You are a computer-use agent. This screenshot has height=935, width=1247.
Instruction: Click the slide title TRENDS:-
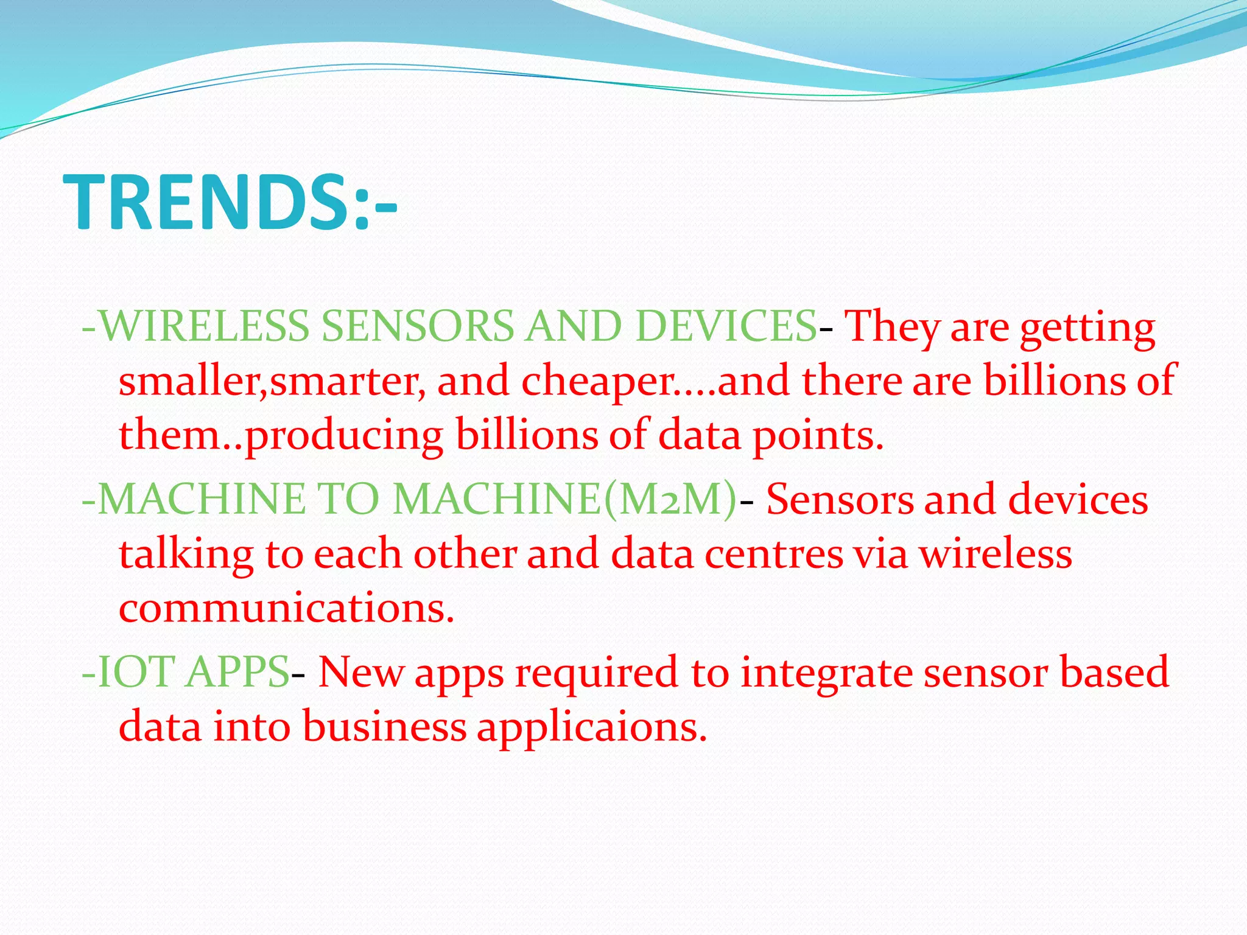pyautogui.click(x=230, y=203)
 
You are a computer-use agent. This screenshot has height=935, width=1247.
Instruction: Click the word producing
pyautogui.click(x=343, y=436)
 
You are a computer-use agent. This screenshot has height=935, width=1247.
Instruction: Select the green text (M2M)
pyautogui.click(x=670, y=499)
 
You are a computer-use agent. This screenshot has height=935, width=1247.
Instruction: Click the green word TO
pyautogui.click(x=350, y=499)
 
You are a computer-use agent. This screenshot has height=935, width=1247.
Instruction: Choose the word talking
pyautogui.click(x=186, y=555)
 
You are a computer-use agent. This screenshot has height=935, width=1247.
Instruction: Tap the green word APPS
pyautogui.click(x=237, y=672)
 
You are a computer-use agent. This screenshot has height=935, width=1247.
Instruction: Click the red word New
pyautogui.click(x=360, y=672)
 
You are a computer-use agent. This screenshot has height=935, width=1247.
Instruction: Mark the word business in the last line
pyautogui.click(x=384, y=727)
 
